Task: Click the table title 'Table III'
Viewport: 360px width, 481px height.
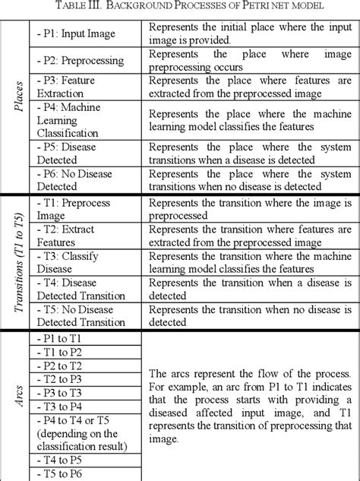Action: tap(180, 7)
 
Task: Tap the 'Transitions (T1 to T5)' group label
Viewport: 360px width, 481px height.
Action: tap(16, 262)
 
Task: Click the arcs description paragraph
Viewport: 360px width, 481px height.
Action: tap(249, 406)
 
